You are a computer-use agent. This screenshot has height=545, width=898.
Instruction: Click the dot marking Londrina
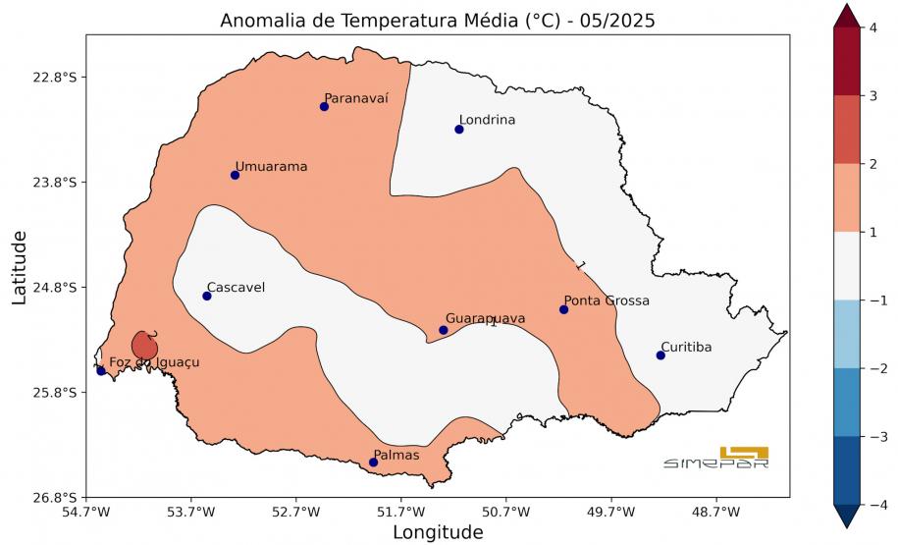(458, 130)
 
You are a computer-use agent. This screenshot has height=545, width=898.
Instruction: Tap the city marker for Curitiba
(660, 355)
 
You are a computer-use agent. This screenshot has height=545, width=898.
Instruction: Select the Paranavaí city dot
(324, 106)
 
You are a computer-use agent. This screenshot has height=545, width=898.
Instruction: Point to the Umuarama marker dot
(235, 175)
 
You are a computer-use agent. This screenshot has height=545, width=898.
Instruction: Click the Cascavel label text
(236, 287)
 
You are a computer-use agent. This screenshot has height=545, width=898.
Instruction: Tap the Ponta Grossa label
(606, 300)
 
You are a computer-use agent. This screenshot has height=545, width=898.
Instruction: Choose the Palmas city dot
(373, 463)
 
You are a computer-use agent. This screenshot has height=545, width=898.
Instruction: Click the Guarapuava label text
(485, 318)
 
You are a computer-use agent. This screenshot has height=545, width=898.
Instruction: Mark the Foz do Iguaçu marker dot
(101, 370)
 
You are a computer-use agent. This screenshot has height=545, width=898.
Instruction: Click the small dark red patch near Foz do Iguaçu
(143, 345)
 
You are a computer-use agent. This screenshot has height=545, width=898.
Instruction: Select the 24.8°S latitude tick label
(55, 288)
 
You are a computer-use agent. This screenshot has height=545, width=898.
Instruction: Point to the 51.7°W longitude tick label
(401, 512)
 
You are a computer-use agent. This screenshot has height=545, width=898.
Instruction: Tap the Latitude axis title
(20, 266)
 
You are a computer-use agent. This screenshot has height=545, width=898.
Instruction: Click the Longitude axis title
(438, 532)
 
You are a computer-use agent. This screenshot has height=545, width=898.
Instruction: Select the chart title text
(438, 21)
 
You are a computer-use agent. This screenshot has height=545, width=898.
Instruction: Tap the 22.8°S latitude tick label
(55, 78)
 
